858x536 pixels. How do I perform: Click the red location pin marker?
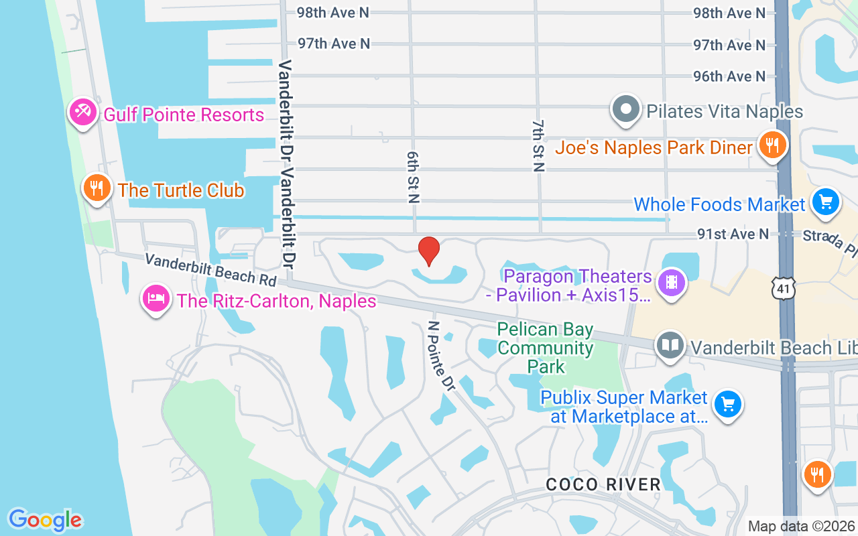429,251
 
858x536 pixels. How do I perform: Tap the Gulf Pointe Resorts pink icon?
82,113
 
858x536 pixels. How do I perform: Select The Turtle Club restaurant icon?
97,188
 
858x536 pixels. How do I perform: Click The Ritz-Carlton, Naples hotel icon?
156,298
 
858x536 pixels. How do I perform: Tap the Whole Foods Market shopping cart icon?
825,202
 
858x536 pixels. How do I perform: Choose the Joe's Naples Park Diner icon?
772,145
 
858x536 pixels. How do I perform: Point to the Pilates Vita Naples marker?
626,109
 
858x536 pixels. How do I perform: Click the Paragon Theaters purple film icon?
672,282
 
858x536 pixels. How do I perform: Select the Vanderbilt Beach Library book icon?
670,346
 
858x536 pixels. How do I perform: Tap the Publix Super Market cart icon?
727,405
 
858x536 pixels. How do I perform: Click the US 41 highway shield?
782,288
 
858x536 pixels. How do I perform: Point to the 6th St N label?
412,176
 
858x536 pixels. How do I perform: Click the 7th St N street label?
538,146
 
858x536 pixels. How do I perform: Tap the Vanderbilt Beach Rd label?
210,268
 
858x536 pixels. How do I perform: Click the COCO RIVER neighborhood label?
603,484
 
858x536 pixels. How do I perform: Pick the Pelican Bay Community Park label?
546,348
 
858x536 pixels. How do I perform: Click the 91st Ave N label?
733,234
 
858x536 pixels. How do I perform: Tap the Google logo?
45,520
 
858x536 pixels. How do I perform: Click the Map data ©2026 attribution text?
801,526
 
